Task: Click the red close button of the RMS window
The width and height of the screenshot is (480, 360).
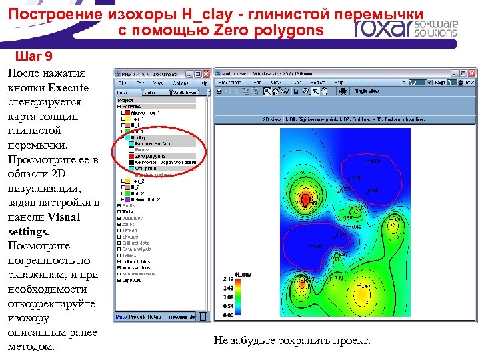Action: pos(205,73)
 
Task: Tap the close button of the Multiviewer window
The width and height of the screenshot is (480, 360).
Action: pos(473,73)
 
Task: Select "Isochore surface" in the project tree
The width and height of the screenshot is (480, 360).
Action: pos(153,143)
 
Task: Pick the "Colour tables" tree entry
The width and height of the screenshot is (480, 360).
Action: pos(137,261)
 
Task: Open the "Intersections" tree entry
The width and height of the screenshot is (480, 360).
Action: pos(137,267)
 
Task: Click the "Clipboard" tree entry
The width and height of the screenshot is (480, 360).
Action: pos(133,280)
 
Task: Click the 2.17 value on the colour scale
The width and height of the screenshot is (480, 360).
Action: pos(227,279)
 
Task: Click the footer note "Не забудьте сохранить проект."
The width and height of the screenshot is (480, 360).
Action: pos(291,341)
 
